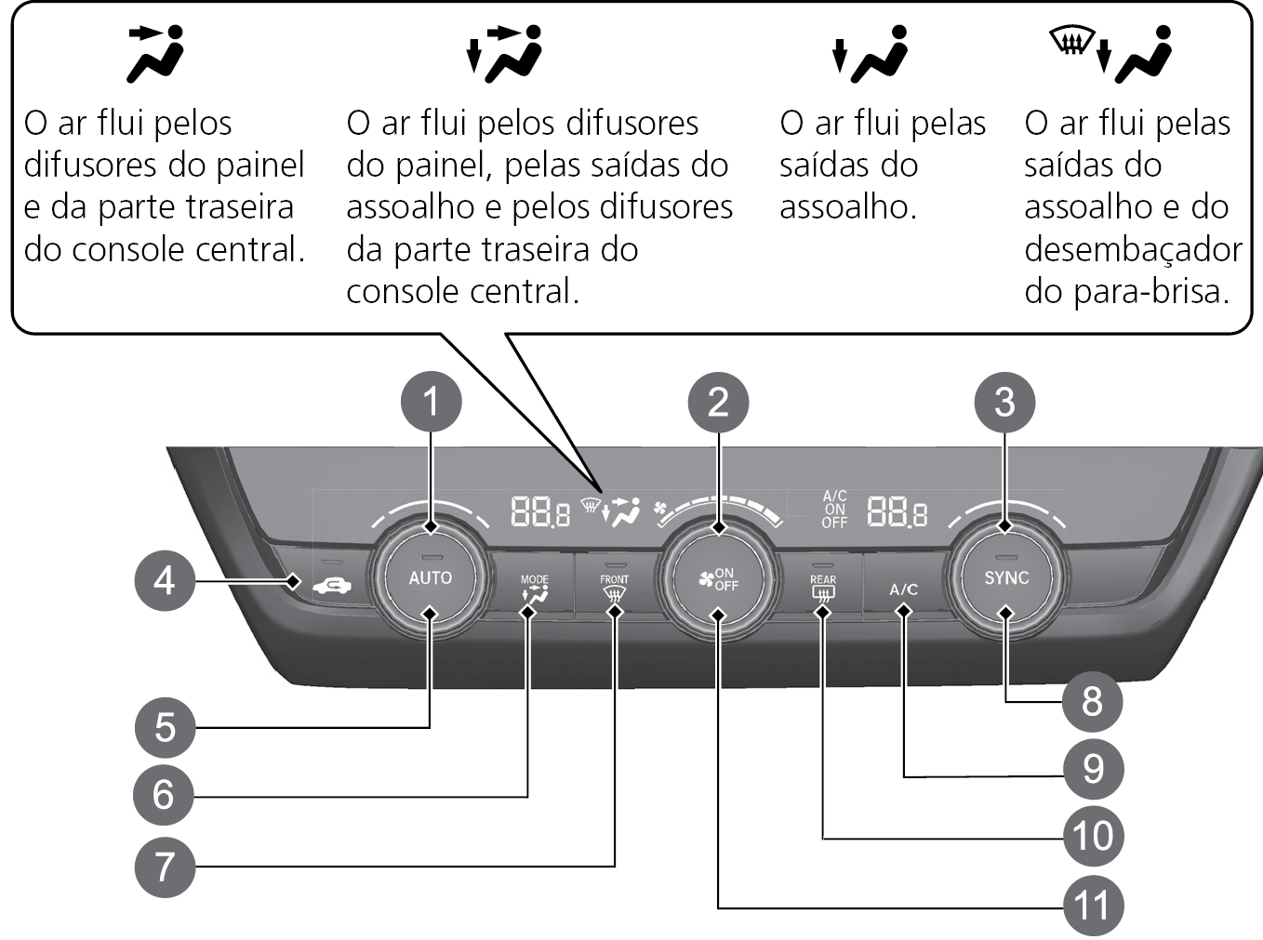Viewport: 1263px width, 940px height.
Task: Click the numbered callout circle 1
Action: (431, 402)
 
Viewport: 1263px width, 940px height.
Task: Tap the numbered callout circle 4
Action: (165, 581)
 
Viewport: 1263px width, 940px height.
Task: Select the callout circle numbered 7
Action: (165, 867)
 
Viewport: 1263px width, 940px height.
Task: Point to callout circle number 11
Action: (1093, 906)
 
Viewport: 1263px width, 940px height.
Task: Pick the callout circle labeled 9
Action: (1093, 769)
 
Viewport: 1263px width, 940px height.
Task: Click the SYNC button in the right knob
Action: (1006, 577)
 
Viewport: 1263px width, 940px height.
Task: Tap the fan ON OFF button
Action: (718, 579)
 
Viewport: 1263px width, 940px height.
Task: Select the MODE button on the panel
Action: (534, 589)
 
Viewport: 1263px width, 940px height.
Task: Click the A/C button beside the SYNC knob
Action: (904, 589)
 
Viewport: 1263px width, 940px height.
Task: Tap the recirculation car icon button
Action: (331, 586)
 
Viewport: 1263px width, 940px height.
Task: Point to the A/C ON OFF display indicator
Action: (835, 509)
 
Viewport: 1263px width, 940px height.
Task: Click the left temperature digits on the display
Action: (539, 510)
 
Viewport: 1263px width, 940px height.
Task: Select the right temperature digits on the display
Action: (897, 510)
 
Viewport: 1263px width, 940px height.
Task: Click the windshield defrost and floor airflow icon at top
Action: (1110, 54)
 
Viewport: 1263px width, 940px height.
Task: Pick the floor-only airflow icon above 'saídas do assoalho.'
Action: (869, 54)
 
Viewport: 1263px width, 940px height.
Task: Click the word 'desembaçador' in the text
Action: (1133, 249)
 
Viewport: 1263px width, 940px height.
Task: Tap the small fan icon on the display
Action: (660, 508)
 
